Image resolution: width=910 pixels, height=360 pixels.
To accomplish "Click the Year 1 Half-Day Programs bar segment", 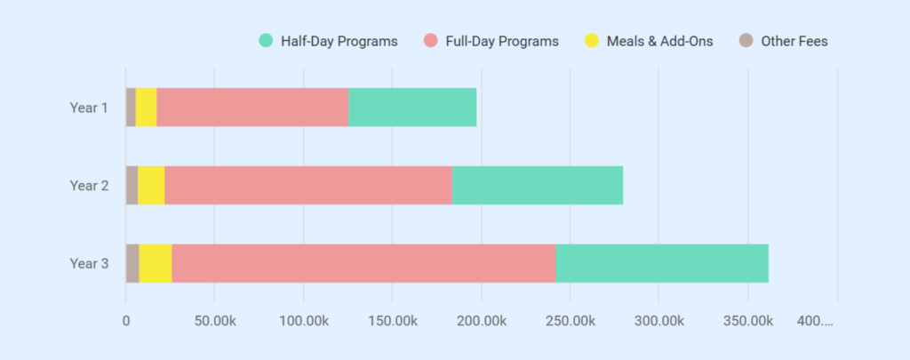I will tap(412, 108).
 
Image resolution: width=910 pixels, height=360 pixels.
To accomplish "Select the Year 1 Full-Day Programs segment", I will tap(252, 108).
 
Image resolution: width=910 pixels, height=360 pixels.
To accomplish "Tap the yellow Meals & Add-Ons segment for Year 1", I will tap(146, 108).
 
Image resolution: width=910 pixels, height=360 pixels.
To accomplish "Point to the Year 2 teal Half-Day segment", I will tap(538, 185).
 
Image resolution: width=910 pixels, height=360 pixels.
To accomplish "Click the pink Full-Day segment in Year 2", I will tap(308, 185).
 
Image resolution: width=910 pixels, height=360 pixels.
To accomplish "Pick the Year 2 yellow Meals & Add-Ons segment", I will tap(151, 185).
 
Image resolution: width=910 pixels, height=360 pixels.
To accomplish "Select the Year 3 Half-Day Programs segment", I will tap(662, 263).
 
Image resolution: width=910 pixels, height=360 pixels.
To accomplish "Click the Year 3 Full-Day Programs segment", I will tap(363, 263).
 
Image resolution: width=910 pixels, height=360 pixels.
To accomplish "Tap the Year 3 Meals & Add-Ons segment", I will tap(156, 263).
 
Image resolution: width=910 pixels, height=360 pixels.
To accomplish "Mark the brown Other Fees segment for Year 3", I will tap(132, 263).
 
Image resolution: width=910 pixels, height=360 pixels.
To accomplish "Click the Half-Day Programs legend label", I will tap(339, 41).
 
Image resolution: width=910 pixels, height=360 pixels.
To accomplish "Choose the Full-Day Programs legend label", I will tap(502, 41).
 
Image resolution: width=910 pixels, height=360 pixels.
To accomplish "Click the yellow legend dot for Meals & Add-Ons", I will tap(591, 41).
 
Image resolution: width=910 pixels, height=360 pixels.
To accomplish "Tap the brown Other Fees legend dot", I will tap(746, 41).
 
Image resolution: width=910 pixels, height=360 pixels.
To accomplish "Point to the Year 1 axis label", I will tap(89, 108).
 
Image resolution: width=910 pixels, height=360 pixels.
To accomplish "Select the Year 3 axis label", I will tap(89, 263).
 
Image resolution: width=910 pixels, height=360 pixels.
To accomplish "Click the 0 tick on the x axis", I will tap(126, 319).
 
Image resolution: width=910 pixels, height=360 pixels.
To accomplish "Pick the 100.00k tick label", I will tap(304, 319).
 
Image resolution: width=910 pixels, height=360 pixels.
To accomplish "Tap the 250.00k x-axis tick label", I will tap(571, 319).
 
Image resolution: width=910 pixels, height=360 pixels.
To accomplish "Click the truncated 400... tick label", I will tap(816, 319).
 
